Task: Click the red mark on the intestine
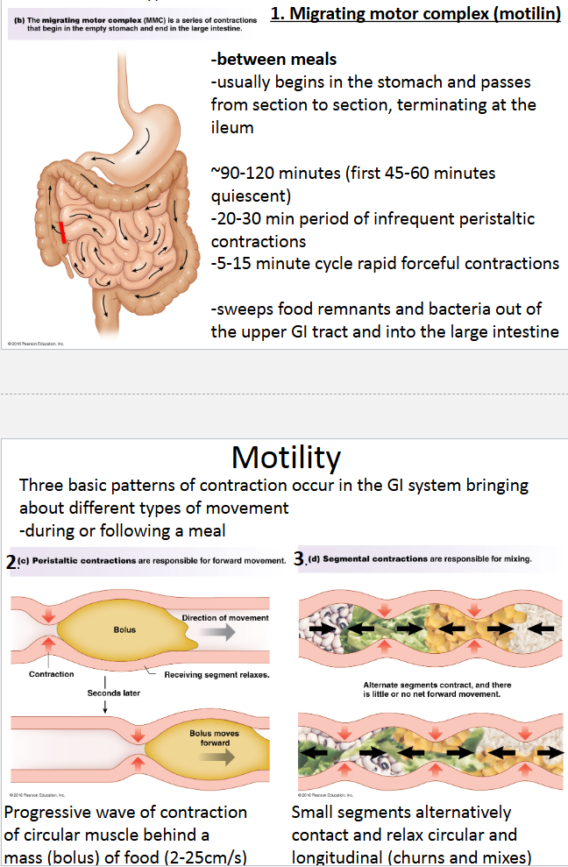click(x=63, y=231)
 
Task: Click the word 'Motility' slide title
click(x=286, y=457)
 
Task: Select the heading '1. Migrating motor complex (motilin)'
click(x=416, y=14)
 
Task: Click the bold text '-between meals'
click(x=273, y=60)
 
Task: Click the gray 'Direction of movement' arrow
click(x=218, y=634)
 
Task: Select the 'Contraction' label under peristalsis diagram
click(x=51, y=674)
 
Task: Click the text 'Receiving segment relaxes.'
click(x=217, y=674)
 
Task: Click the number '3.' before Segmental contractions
click(x=300, y=558)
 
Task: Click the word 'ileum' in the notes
click(x=232, y=127)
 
